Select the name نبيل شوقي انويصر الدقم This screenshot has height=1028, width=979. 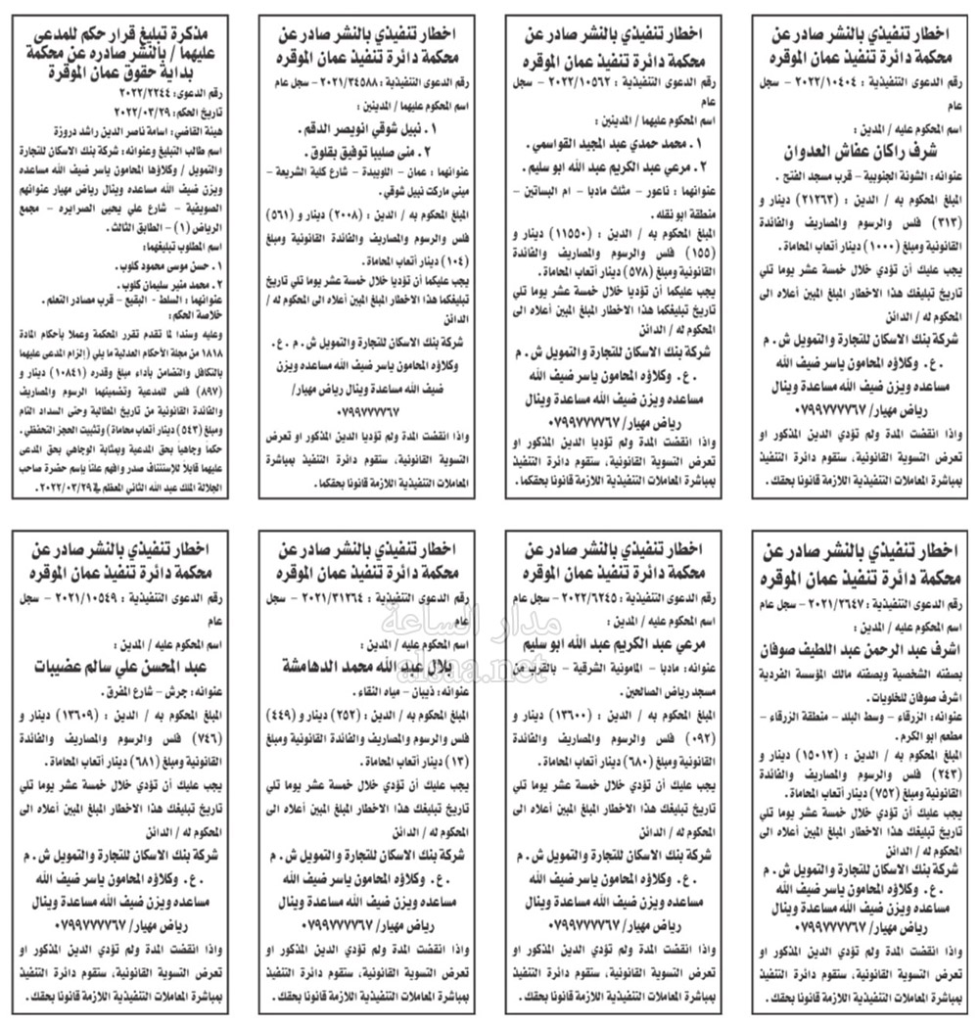click(373, 128)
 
